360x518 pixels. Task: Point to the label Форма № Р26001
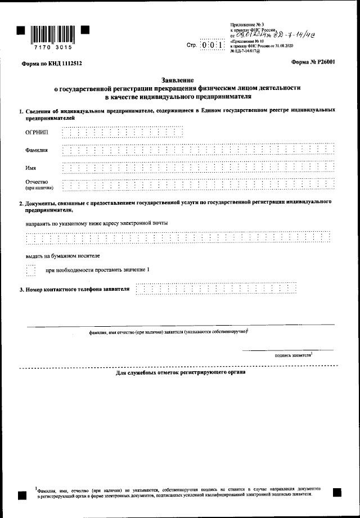313,62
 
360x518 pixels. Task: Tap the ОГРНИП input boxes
123,132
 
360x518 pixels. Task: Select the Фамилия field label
37,151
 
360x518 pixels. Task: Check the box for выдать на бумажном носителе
31,271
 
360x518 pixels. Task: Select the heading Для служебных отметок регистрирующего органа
181,372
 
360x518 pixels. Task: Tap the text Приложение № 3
244,24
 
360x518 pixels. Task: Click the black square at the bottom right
337,492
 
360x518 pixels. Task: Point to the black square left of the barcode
20,29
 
